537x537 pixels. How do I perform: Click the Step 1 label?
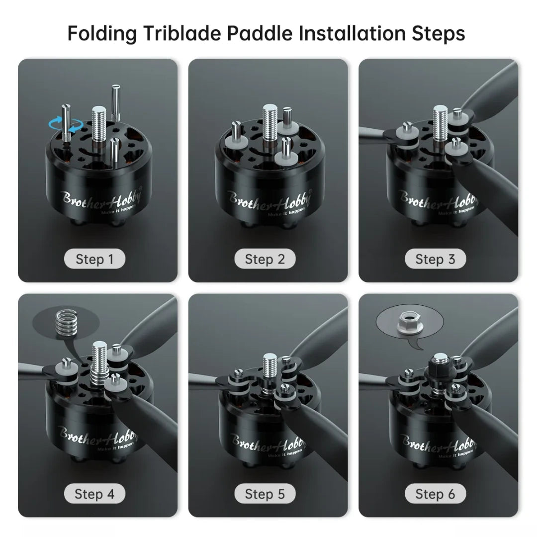94,259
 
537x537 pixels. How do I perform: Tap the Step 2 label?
265,259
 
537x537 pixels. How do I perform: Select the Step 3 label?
435,259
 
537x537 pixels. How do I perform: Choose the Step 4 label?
94,494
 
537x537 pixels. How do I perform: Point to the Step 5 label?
265,494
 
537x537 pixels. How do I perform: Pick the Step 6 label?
435,494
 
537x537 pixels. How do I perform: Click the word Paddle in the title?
260,33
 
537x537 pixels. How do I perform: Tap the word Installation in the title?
352,33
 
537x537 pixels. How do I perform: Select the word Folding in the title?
102,34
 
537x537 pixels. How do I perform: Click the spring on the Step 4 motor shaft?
99,375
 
